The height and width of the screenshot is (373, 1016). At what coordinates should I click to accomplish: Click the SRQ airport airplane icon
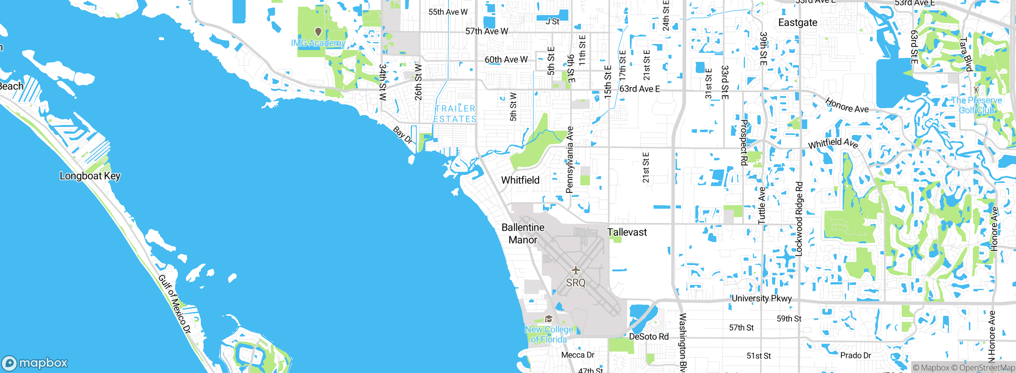(x=576, y=271)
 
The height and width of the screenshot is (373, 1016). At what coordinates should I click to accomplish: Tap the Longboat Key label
(x=90, y=176)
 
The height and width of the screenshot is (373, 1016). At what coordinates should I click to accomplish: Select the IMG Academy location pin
(x=318, y=31)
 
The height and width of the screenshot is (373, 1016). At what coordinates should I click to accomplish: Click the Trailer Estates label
(x=455, y=114)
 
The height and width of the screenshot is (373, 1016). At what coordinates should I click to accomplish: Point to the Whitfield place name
(x=520, y=180)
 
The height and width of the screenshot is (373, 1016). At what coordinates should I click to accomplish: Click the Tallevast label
(x=627, y=232)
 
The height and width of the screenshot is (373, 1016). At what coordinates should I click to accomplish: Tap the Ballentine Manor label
(x=523, y=234)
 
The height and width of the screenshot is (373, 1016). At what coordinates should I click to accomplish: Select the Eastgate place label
(x=798, y=23)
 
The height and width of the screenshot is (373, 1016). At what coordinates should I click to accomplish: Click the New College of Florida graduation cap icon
(x=548, y=319)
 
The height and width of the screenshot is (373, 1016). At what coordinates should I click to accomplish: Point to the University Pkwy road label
(x=762, y=298)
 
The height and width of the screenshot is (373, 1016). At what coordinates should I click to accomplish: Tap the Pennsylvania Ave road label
(x=570, y=160)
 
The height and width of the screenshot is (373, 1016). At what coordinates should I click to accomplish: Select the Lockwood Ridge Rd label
(x=799, y=219)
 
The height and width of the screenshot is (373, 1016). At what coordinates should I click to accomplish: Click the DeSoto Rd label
(x=649, y=337)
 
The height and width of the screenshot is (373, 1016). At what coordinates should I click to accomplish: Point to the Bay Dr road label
(x=403, y=135)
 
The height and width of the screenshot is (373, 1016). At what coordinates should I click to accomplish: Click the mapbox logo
(x=35, y=363)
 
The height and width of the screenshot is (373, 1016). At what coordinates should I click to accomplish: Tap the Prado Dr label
(x=856, y=356)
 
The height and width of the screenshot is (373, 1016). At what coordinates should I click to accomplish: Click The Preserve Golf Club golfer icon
(x=977, y=89)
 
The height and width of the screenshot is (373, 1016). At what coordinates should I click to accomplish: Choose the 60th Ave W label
(x=506, y=60)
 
